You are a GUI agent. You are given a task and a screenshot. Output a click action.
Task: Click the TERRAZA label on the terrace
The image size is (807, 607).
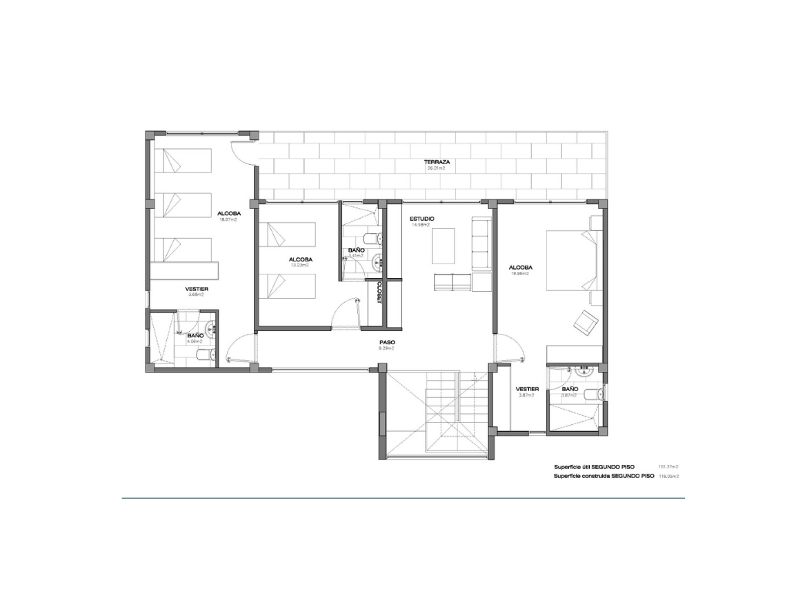point(437,161)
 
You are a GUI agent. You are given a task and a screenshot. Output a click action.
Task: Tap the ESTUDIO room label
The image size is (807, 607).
point(421,219)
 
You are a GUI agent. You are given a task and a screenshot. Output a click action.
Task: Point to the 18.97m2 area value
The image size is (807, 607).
point(229,220)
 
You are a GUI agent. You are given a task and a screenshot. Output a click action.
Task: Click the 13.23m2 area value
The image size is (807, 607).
point(301,266)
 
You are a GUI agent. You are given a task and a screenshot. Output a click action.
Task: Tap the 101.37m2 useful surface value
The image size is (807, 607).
point(668,466)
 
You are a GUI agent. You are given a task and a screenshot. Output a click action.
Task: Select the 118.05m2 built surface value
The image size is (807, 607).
point(668,476)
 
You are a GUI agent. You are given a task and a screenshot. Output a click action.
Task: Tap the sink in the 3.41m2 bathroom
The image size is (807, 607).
point(377,260)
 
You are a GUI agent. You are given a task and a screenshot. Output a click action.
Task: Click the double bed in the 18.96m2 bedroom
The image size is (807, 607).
point(573,261)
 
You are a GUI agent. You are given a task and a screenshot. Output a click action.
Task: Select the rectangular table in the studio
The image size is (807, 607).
point(444,246)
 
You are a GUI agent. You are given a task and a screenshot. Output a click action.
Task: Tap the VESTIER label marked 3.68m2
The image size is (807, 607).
point(197,288)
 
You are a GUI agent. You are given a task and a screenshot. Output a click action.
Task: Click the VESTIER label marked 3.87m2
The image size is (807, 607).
point(528,388)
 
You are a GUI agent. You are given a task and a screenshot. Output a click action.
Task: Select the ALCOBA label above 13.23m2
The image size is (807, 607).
point(301,259)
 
